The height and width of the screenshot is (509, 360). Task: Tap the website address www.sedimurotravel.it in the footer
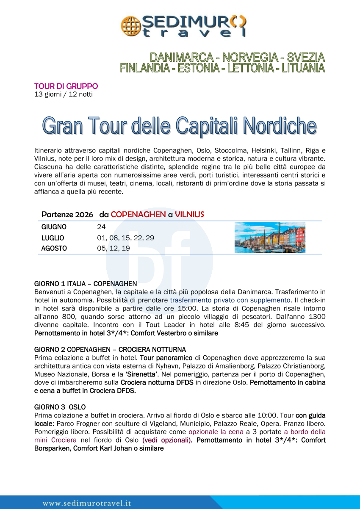[x=87, y=503]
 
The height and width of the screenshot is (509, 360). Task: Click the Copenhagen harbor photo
[x=270, y=238]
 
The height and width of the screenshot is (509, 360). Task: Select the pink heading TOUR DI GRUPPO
[x=66, y=86]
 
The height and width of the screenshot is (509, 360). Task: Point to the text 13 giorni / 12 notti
[x=64, y=94]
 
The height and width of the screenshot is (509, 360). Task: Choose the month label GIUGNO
[x=54, y=227]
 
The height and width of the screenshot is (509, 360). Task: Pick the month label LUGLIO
[x=53, y=238]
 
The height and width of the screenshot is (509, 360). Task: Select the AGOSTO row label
[x=54, y=249]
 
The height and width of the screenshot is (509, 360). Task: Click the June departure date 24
[x=101, y=227]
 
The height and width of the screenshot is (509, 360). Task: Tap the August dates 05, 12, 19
[x=114, y=249]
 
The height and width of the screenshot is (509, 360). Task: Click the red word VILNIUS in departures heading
[x=189, y=215]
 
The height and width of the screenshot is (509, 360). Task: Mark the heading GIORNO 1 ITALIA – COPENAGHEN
[x=86, y=284]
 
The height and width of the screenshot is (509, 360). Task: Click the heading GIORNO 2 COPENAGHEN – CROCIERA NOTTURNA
[x=110, y=349]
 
